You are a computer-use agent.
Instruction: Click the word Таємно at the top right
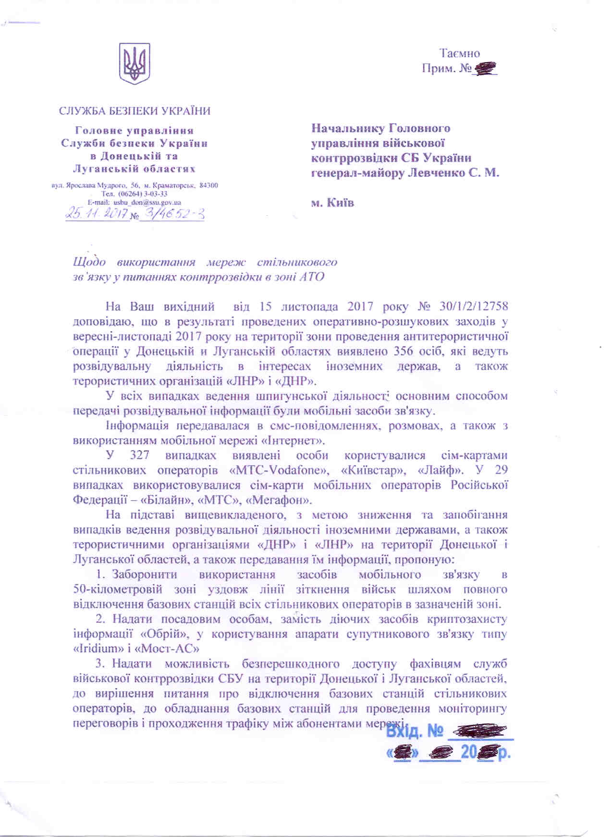[459, 53]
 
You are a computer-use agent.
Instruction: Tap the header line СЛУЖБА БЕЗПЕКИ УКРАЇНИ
[135, 111]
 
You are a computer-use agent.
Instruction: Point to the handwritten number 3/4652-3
[171, 213]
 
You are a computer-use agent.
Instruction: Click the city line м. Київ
[333, 202]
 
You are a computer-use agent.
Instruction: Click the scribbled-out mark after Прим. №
[485, 70]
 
